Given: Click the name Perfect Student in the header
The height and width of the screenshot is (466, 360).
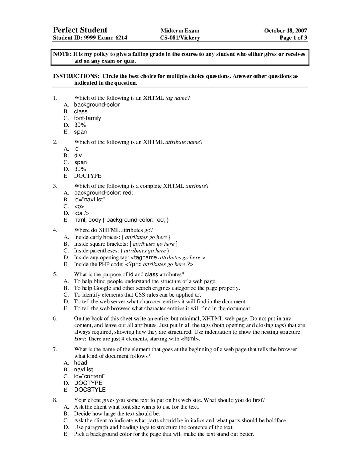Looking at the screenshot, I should [x=80, y=30].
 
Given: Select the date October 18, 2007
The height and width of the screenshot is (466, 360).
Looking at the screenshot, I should [x=285, y=31].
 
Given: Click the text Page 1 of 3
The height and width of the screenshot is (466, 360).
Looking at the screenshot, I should [x=293, y=38].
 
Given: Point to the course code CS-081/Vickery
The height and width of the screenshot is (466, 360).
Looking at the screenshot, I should [x=180, y=38].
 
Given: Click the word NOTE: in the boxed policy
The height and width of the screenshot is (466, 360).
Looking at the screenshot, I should [x=63, y=54].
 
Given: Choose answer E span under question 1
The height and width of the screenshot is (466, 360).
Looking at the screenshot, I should [x=80, y=132].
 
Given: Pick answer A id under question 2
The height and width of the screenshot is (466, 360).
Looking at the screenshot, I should [x=76, y=149].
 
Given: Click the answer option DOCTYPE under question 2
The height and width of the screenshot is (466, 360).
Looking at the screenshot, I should [x=87, y=176].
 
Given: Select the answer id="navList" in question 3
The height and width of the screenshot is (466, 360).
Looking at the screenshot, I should [x=89, y=200].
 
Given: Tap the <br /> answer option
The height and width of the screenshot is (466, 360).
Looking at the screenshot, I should [x=82, y=213].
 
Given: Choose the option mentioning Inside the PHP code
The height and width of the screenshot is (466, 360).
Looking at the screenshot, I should [x=133, y=264].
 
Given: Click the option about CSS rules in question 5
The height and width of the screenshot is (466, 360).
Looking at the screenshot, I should [x=137, y=295].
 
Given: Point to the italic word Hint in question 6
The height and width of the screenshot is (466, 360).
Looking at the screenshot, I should [x=80, y=339].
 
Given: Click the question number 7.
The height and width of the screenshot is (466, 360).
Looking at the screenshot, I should [x=55, y=349].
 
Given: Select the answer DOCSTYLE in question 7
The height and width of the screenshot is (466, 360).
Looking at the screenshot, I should [x=90, y=390].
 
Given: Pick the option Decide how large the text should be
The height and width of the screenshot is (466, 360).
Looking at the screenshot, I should [x=117, y=414].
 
